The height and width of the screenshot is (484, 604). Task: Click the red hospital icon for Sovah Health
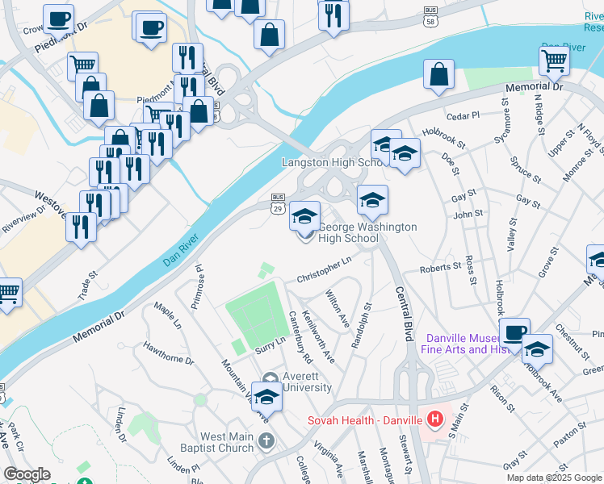(435, 419)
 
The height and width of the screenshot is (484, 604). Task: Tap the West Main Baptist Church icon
(266, 440)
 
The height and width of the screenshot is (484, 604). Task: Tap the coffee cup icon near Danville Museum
(514, 332)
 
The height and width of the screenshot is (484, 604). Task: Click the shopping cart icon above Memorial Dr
(554, 60)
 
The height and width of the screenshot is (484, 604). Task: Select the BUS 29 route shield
(278, 202)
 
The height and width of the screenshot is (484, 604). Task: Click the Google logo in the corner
(27, 474)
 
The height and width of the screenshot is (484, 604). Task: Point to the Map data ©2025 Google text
(554, 478)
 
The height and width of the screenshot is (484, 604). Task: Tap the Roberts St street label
(439, 269)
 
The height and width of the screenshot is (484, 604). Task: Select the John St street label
(467, 214)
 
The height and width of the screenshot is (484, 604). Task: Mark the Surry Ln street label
(271, 344)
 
